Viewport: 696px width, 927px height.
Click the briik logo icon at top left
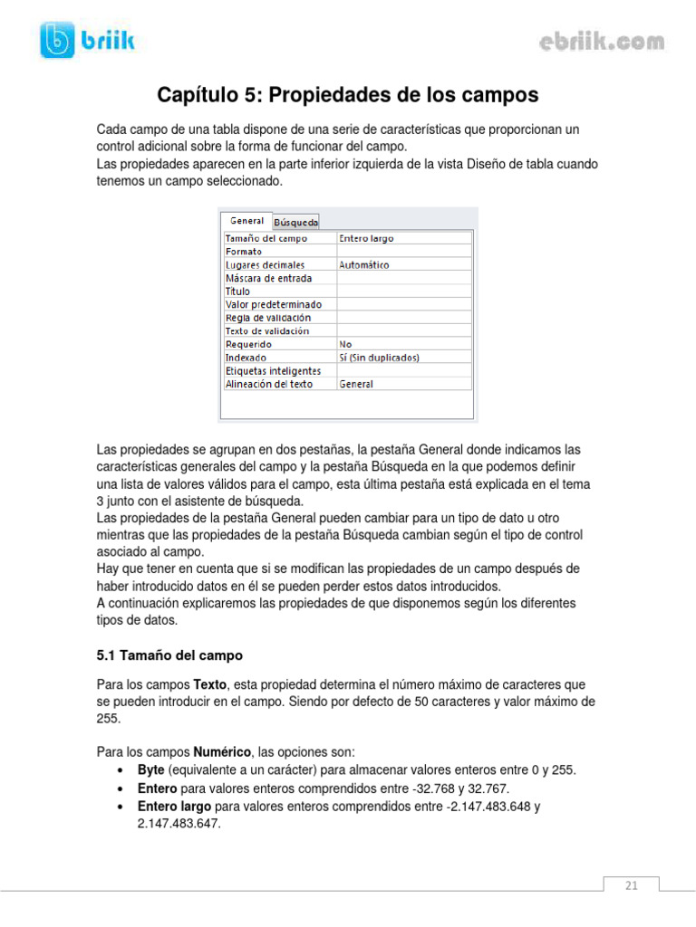click(58, 41)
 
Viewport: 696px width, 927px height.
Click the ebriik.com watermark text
click(602, 42)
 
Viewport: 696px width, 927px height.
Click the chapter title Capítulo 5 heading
click(348, 95)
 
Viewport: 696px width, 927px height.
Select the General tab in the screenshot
click(246, 220)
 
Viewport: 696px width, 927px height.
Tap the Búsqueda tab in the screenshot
click(295, 221)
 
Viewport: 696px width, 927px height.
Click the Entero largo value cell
click(366, 239)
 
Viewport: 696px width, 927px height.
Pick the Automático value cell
click(364, 265)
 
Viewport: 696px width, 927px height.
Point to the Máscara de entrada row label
click(268, 278)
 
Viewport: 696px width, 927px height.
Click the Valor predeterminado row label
click(274, 305)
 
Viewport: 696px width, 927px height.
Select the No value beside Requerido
click(345, 344)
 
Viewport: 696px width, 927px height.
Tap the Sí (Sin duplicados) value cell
click(379, 358)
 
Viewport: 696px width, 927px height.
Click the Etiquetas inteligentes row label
click(273, 371)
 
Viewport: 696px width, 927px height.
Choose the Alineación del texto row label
click(269, 384)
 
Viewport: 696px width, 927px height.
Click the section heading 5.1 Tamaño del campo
click(170, 655)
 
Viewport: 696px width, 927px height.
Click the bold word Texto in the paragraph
click(210, 685)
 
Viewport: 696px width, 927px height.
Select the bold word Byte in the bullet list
click(150, 769)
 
